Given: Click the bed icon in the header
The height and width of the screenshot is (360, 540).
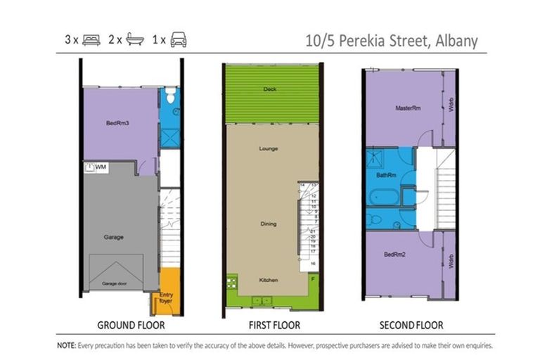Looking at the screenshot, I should click(91, 40).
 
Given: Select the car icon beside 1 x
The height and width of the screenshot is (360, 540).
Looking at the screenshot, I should click(179, 40).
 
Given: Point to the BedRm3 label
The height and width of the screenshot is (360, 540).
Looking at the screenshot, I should click(117, 123).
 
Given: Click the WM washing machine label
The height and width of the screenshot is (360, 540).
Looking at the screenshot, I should click(101, 167).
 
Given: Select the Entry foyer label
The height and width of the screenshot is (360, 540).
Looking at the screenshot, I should click(167, 297).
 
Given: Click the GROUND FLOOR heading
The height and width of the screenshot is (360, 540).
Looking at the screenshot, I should click(131, 325).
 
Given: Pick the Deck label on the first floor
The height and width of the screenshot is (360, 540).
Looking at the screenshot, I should click(269, 89).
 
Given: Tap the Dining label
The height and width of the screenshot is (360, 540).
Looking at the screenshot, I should click(268, 224).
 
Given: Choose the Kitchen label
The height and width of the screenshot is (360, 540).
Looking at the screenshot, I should click(269, 280).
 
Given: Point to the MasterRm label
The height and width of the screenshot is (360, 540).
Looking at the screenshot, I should click(408, 108).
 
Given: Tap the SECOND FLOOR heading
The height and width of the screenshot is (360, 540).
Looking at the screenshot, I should click(411, 325).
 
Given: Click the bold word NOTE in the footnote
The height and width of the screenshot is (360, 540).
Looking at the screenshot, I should click(67, 346).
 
